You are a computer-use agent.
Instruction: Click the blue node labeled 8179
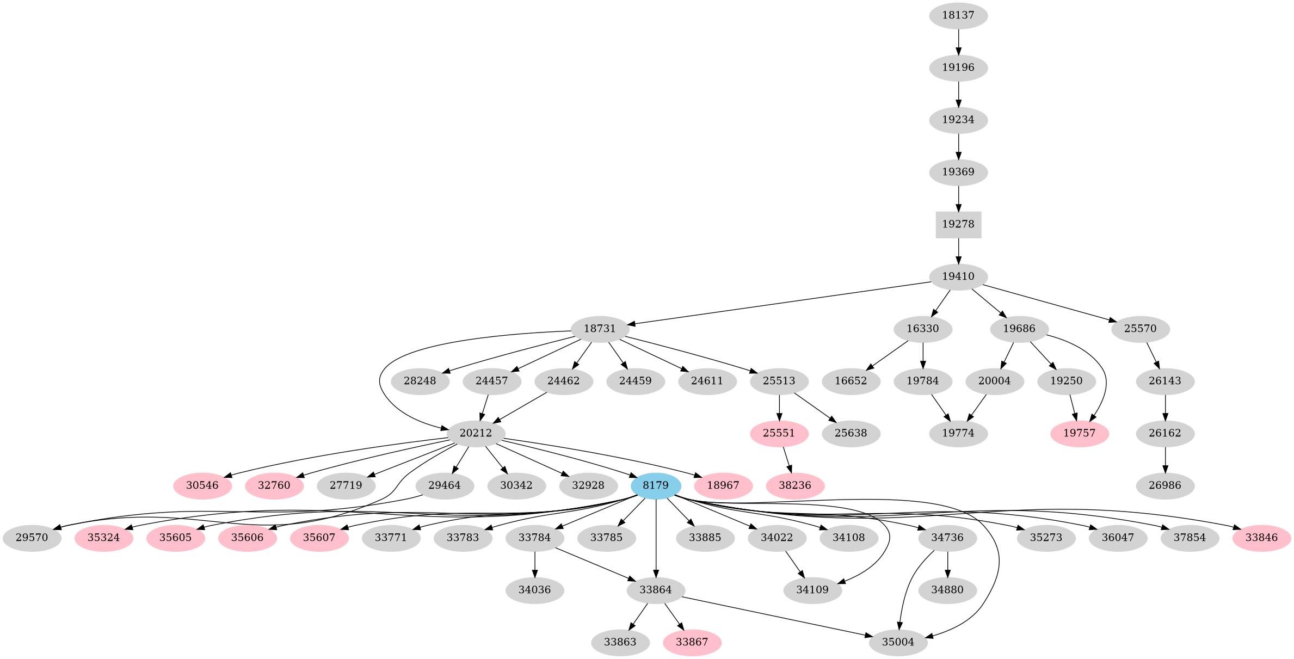[x=656, y=485]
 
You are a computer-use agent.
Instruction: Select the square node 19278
[x=958, y=224]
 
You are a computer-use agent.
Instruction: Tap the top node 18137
[x=958, y=15]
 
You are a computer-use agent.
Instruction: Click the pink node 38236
[x=794, y=485]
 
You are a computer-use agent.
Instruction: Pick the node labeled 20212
[x=476, y=433]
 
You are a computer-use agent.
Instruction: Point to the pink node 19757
[x=1080, y=433]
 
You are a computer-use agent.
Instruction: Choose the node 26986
[x=1165, y=485]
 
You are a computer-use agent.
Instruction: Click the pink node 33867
[x=692, y=642]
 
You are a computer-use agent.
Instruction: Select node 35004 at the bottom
[x=898, y=642]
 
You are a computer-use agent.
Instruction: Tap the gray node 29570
[x=32, y=538]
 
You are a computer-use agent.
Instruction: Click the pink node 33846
[x=1261, y=538]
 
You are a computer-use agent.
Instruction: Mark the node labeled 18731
[x=600, y=329]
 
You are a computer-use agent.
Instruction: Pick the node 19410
[x=958, y=276]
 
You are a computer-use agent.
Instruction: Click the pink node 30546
[x=202, y=485]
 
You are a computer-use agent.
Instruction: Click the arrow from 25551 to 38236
[x=787, y=459]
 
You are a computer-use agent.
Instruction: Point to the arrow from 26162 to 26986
[x=1165, y=459]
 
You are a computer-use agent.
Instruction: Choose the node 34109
[x=812, y=590]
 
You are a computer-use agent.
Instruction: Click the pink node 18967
[x=723, y=485]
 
